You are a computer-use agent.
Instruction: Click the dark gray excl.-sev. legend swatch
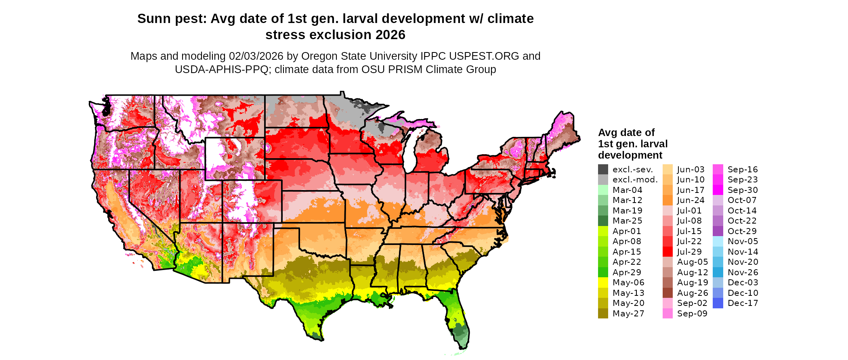tap(603, 170)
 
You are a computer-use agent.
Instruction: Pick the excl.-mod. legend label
tap(635, 180)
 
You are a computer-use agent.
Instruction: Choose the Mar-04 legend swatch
tap(603, 190)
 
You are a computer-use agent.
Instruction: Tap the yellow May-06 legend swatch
tap(603, 283)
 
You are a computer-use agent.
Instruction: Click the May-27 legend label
tap(628, 314)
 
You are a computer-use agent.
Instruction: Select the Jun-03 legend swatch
tap(667, 170)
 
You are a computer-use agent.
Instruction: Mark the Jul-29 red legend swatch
tap(667, 252)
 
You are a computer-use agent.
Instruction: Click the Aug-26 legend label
tap(693, 293)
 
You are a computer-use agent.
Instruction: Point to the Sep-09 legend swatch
tap(667, 314)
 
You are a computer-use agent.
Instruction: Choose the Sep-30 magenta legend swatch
tap(718, 190)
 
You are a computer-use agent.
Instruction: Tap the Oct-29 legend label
tap(742, 231)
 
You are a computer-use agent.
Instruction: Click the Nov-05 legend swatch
tap(718, 241)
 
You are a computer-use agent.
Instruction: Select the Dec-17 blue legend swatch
tap(718, 303)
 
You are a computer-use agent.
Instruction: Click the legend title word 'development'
tap(630, 155)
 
